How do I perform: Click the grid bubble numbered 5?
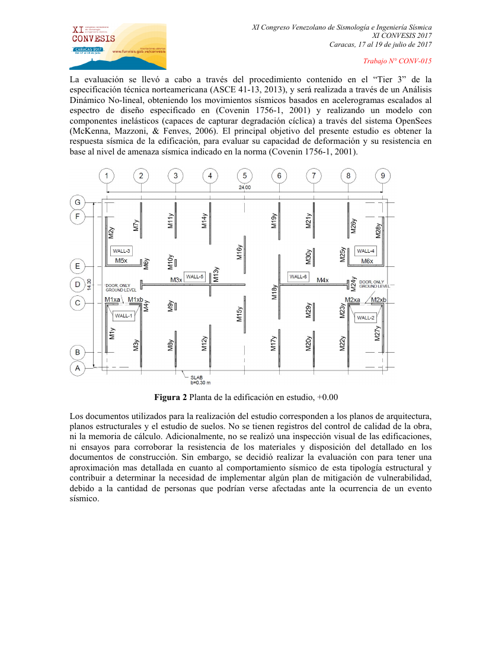[244, 176]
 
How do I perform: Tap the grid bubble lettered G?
[78, 202]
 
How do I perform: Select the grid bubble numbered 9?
[383, 176]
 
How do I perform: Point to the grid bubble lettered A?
[78, 368]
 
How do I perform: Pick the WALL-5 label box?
[195, 276]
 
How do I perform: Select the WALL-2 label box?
[366, 318]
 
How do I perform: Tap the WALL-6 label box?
[298, 276]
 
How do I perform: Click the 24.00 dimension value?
[244, 188]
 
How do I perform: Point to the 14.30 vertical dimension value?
[89, 285]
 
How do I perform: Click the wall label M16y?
[239, 252]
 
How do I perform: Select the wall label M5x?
[121, 260]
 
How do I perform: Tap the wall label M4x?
[323, 280]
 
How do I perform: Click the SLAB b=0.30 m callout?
[199, 379]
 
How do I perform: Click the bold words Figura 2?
[171, 396]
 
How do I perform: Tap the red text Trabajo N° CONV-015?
[397, 62]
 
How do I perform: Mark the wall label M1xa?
[113, 300]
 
